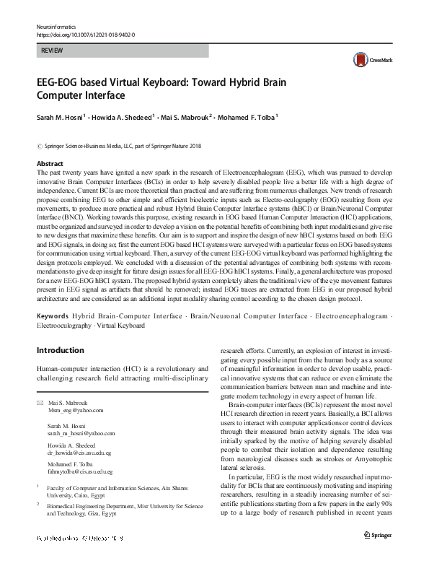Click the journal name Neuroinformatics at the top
coord(55,27)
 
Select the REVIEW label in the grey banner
coord(53,51)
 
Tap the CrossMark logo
coord(368,60)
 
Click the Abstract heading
coord(50,164)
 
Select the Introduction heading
coord(60,350)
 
